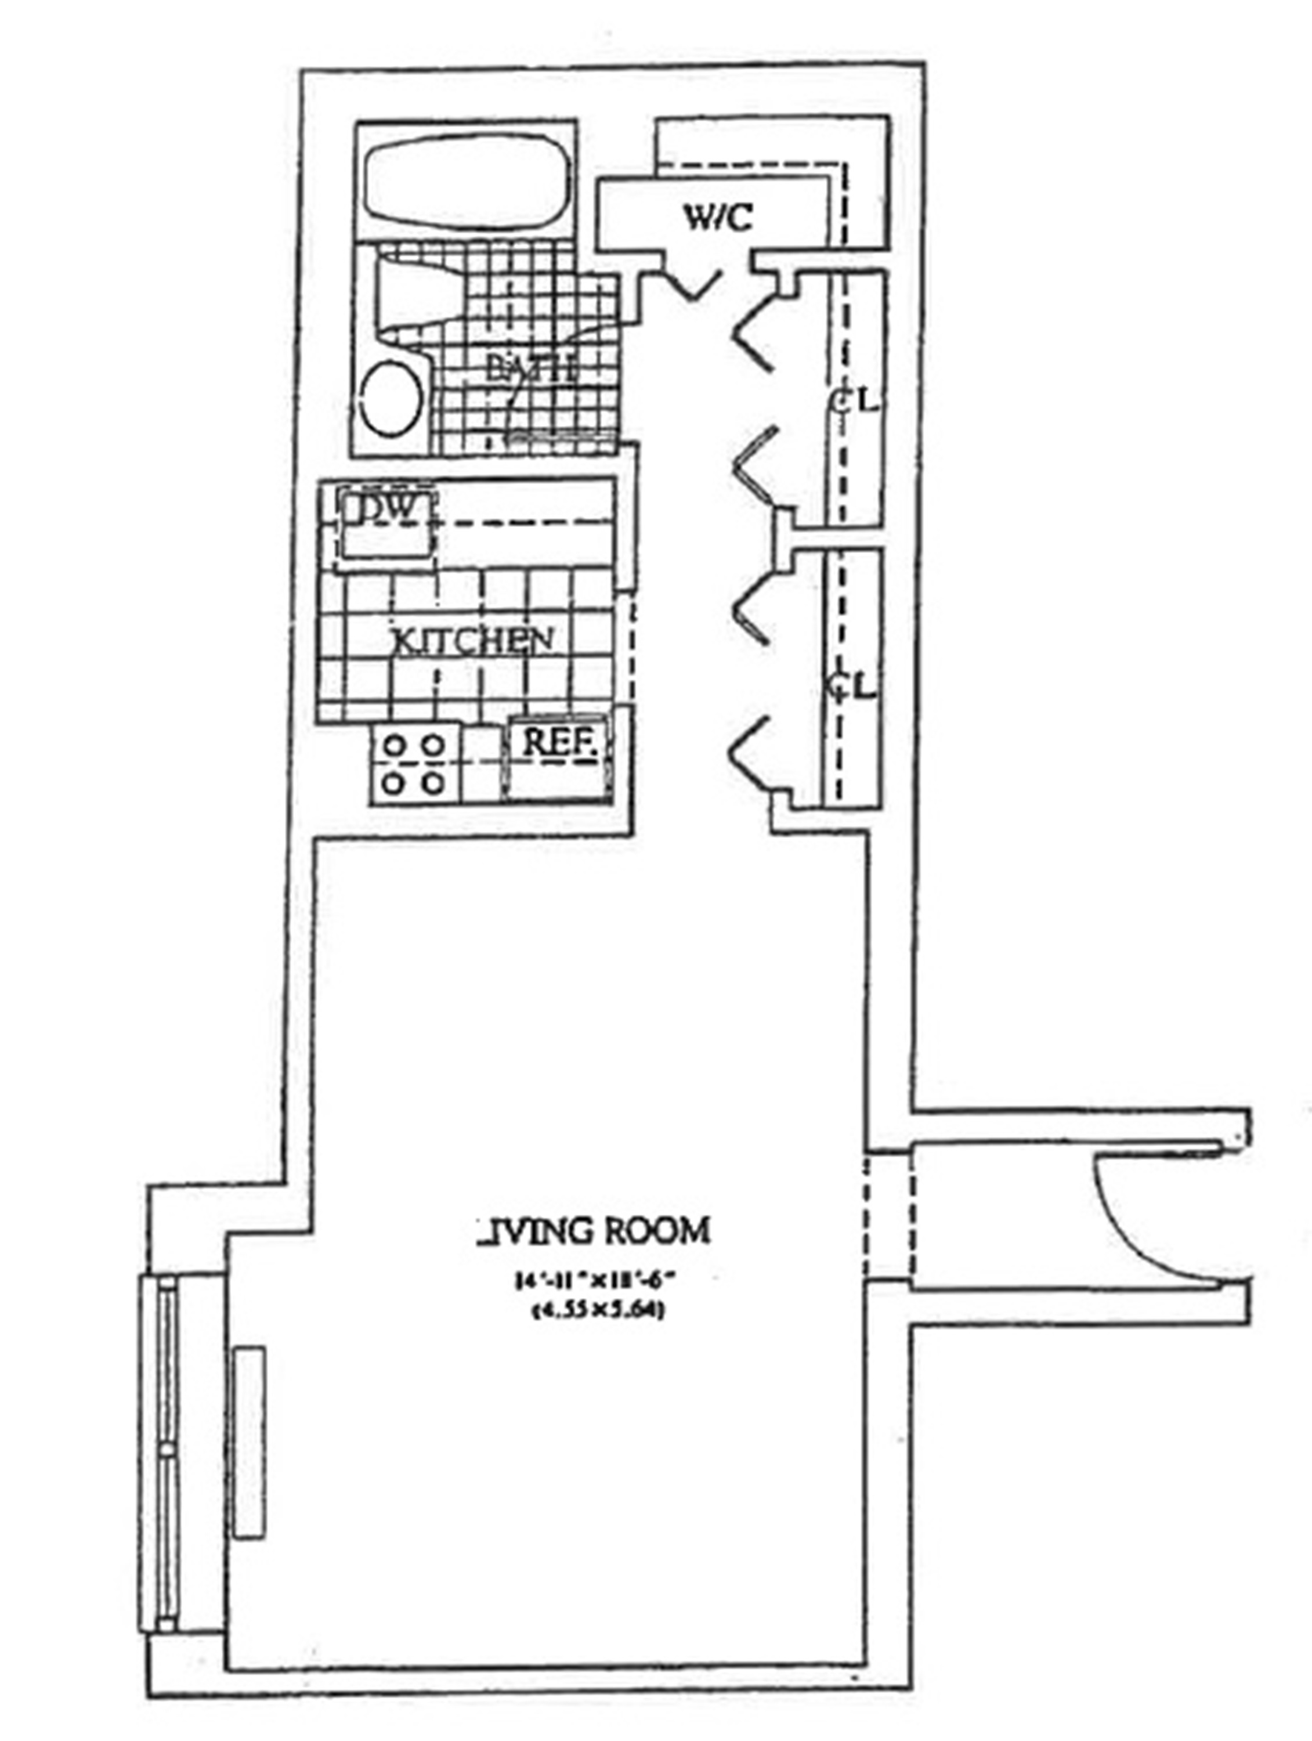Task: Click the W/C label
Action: [717, 218]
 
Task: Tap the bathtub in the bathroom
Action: [468, 180]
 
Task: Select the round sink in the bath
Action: [393, 399]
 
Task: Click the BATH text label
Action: [532, 369]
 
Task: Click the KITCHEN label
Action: [472, 641]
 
